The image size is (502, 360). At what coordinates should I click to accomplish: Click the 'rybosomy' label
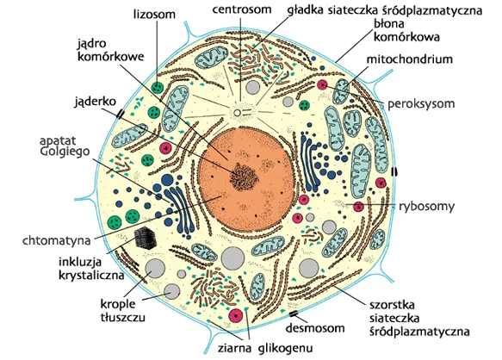pos(426,207)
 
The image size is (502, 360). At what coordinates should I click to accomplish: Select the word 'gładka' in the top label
pos(304,10)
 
